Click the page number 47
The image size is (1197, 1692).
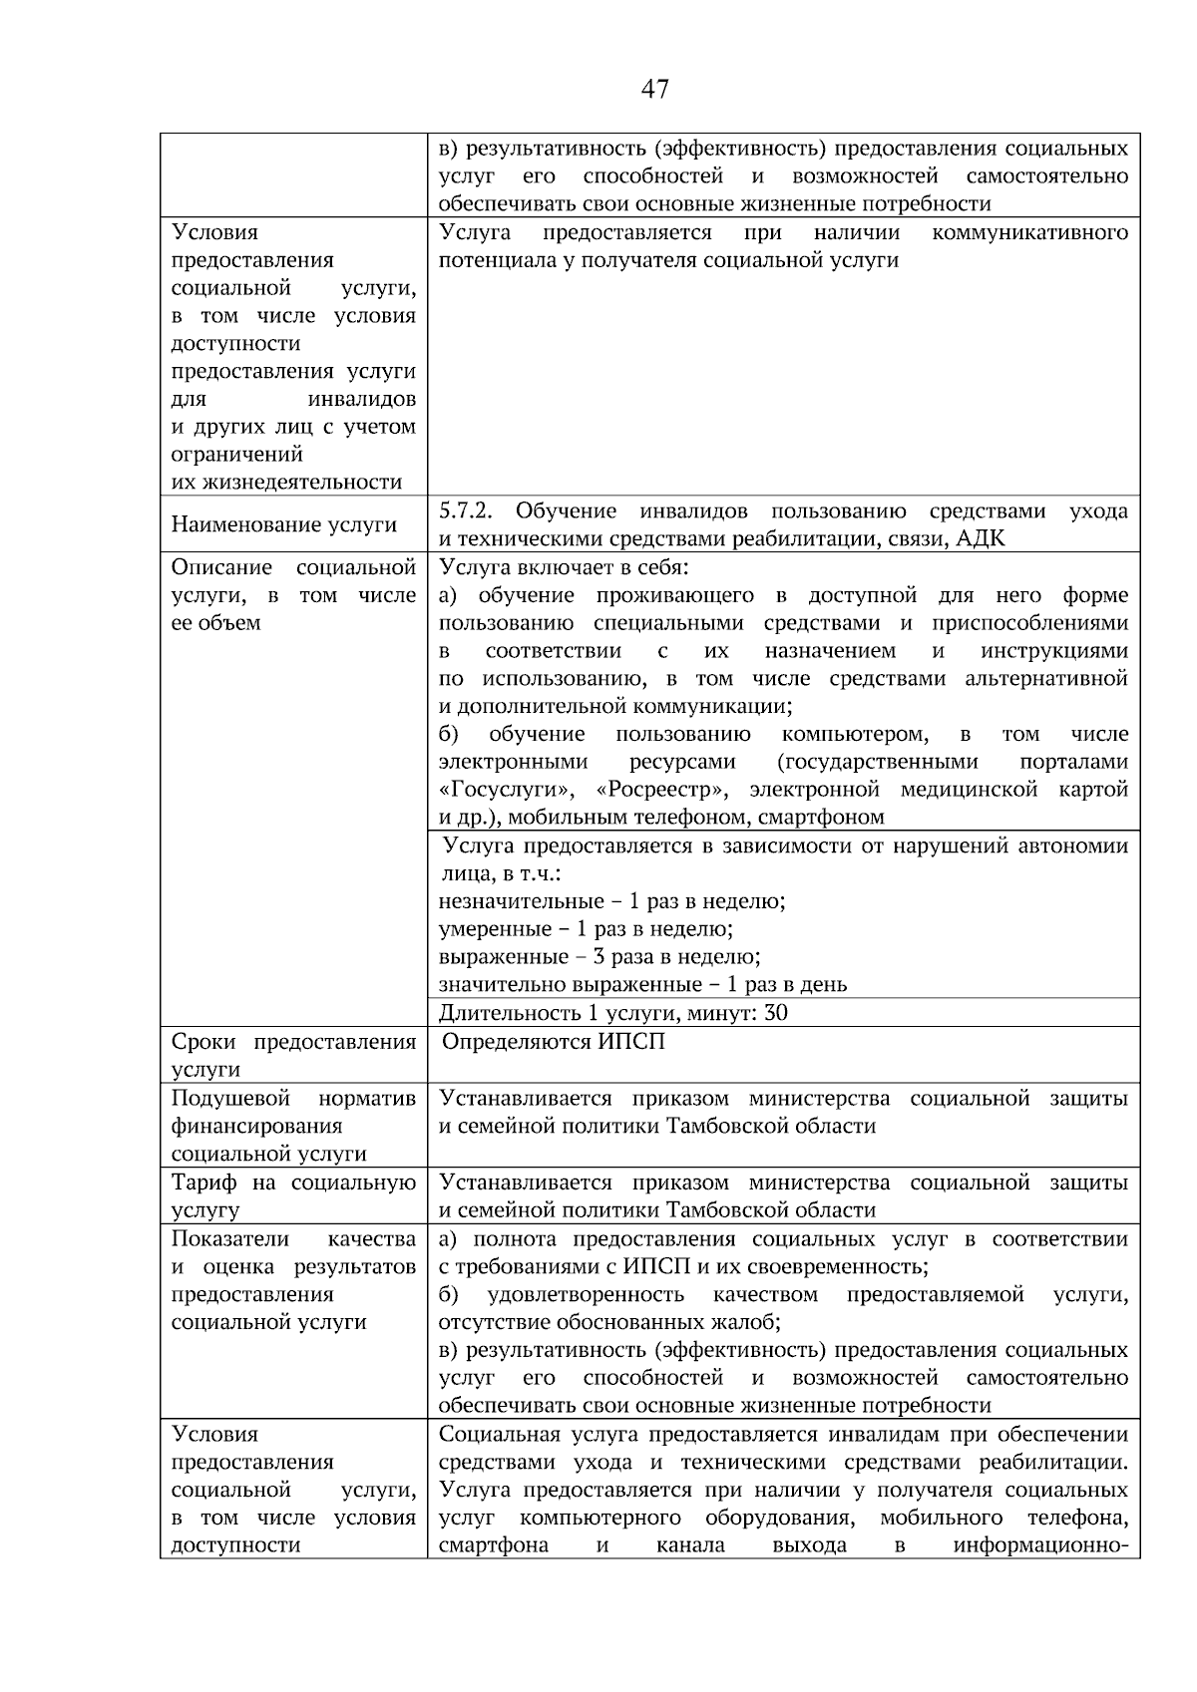[654, 90]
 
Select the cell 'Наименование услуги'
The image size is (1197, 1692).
[284, 524]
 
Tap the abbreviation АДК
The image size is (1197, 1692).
[981, 539]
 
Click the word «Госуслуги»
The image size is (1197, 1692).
[506, 790]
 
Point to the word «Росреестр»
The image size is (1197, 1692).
[659, 790]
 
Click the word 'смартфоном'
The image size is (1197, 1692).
[821, 818]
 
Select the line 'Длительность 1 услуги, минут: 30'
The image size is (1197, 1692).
[613, 1013]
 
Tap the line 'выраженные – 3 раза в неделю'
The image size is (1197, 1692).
[599, 957]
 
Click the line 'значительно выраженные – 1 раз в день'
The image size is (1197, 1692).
[643, 985]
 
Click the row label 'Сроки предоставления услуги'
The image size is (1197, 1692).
[293, 1055]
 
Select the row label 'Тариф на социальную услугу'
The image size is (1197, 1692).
[293, 1195]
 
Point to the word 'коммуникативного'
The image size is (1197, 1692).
[1028, 233]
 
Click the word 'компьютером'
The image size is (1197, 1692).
[855, 735]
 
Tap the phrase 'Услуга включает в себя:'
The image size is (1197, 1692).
[564, 567]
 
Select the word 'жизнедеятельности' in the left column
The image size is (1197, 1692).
[287, 483]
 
